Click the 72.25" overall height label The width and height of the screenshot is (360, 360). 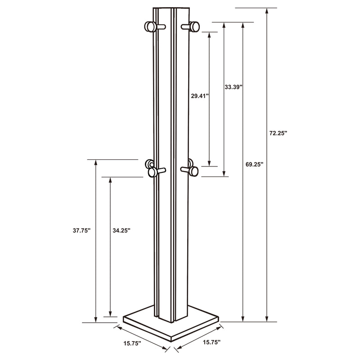tap(278, 134)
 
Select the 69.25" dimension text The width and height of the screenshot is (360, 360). tap(255, 164)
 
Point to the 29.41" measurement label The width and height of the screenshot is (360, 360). tap(200, 96)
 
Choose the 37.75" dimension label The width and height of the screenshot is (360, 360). tap(82, 230)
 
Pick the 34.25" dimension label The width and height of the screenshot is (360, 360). tap(121, 230)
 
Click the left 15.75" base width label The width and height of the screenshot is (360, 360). tap(132, 343)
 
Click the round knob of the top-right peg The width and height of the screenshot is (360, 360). tap(195, 27)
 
